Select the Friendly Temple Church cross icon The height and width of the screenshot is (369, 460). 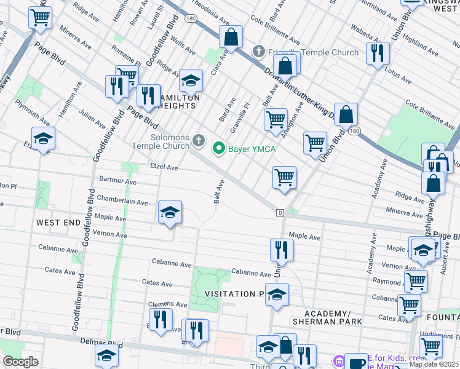pyautogui.click(x=260, y=52)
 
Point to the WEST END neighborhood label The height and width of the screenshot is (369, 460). pyautogui.click(x=58, y=222)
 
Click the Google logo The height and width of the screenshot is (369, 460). pyautogui.click(x=20, y=362)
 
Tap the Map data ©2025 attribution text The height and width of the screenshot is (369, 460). pyautogui.click(x=434, y=364)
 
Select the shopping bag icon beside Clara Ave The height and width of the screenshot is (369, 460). pyautogui.click(x=231, y=37)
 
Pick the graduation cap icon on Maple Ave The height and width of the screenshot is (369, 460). pyautogui.click(x=170, y=212)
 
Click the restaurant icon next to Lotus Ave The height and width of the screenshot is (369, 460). pyautogui.click(x=377, y=53)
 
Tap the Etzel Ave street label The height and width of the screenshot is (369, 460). pyautogui.click(x=164, y=167)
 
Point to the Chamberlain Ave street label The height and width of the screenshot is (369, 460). pyautogui.click(x=122, y=202)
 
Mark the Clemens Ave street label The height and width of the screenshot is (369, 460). pyautogui.click(x=167, y=304)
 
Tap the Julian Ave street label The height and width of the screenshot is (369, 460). pyautogui.click(x=93, y=115)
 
